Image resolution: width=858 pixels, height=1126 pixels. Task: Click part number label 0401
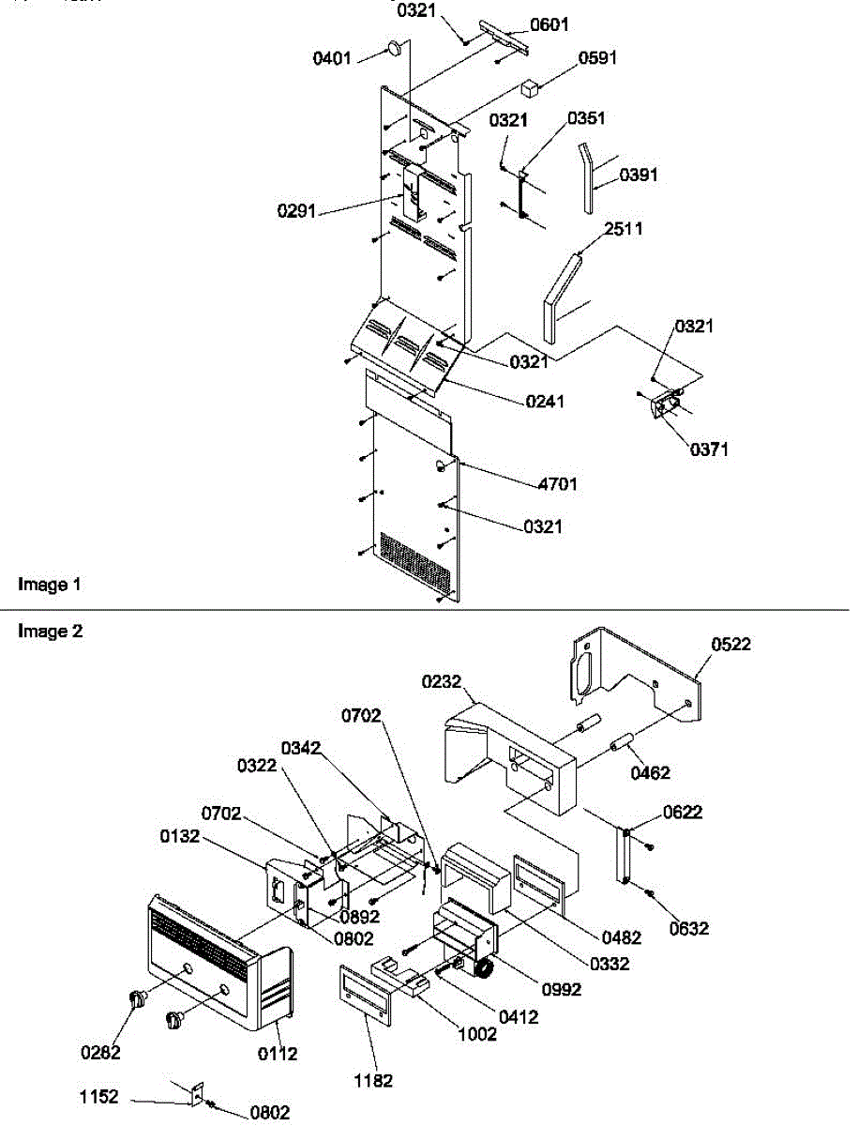pyautogui.click(x=332, y=57)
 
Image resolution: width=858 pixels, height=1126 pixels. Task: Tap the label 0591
pyautogui.click(x=597, y=58)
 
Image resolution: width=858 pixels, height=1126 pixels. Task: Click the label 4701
pyautogui.click(x=557, y=484)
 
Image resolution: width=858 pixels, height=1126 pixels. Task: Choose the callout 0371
pyautogui.click(x=709, y=449)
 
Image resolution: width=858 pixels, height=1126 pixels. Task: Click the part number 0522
pyautogui.click(x=731, y=644)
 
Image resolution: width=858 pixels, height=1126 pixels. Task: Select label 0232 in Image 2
pyautogui.click(x=442, y=682)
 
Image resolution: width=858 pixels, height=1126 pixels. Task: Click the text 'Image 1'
pyautogui.click(x=50, y=585)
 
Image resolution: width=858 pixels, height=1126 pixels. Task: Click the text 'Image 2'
pyautogui.click(x=50, y=631)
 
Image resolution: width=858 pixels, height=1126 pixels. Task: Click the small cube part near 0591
pyautogui.click(x=532, y=88)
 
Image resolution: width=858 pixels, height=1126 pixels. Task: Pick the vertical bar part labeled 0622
pyautogui.click(x=624, y=854)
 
